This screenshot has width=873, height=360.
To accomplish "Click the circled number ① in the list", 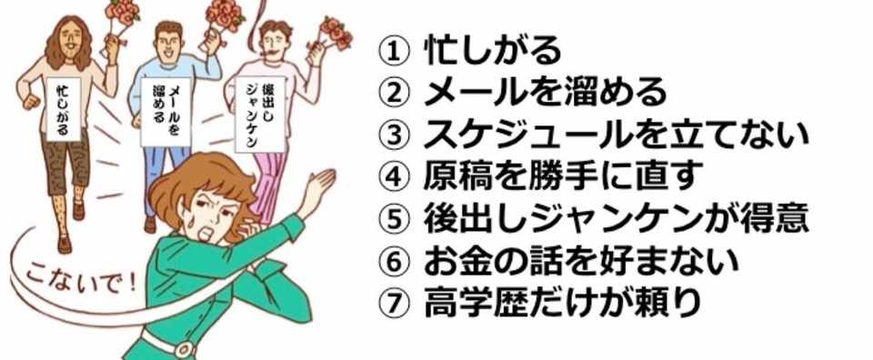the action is pyautogui.click(x=393, y=52).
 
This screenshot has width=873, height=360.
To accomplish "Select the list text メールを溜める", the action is pyautogui.click(x=545, y=93).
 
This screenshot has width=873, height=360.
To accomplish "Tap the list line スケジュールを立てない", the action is pyautogui.click(x=616, y=135).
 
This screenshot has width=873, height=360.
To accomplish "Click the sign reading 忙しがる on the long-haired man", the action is pyautogui.click(x=63, y=108).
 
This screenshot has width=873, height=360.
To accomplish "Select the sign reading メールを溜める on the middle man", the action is pyautogui.click(x=166, y=111).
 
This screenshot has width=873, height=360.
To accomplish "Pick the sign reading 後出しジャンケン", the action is pyautogui.click(x=259, y=114).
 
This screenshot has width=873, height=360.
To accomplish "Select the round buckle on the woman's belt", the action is pyautogui.click(x=184, y=349).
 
